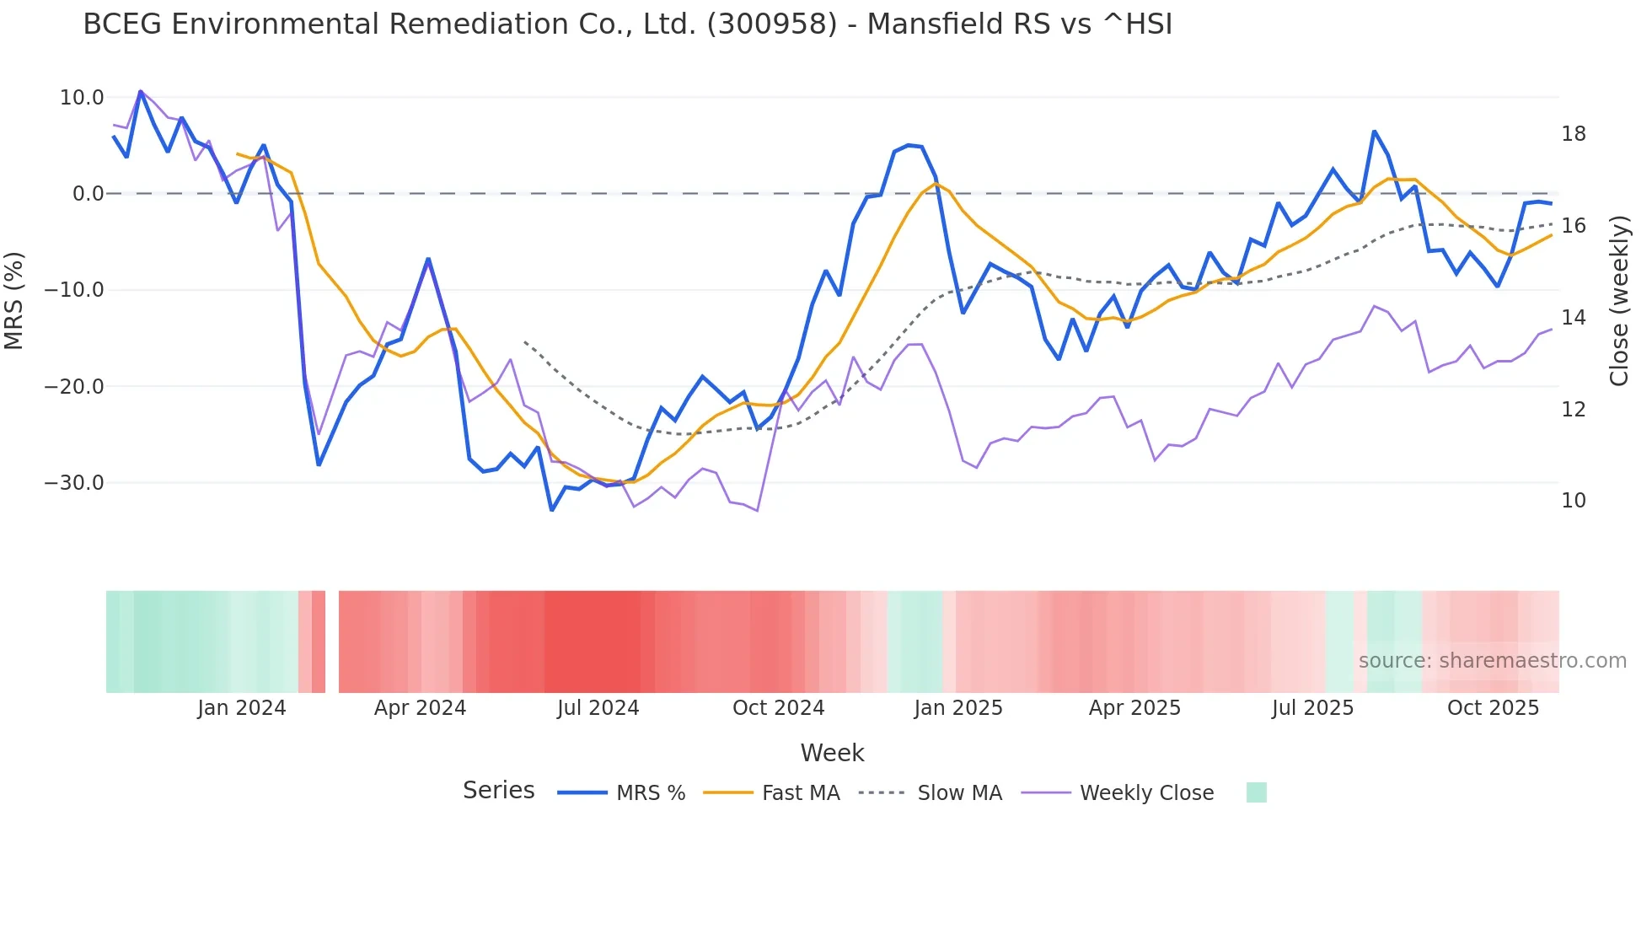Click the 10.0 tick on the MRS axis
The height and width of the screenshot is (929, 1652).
81,98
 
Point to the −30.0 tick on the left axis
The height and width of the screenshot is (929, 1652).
74,483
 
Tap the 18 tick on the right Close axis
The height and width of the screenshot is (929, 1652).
1573,134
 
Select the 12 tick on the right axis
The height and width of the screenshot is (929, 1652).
1573,410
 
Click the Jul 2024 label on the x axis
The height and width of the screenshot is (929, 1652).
598,708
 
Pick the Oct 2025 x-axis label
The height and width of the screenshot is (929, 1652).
1493,708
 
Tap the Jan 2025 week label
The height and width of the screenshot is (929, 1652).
957,708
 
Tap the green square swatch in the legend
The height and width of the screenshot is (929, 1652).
1256,792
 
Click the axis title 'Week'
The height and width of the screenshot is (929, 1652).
832,753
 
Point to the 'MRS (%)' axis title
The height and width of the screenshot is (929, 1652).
14,300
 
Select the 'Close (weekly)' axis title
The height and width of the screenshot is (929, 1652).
1618,300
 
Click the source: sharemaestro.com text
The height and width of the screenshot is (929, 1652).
1492,661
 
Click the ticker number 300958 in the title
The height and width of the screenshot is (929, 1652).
772,24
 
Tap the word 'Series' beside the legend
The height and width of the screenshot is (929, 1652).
498,791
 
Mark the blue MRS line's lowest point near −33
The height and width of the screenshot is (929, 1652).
552,510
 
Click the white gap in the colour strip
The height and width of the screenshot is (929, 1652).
332,642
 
